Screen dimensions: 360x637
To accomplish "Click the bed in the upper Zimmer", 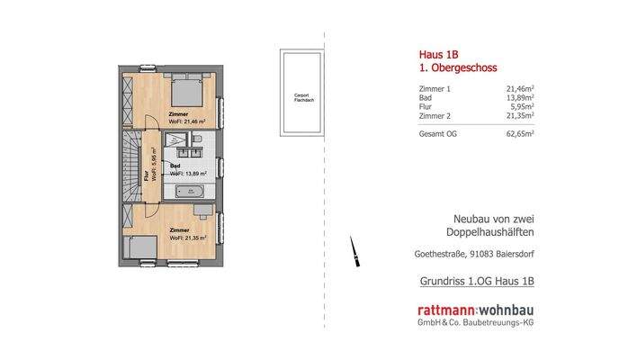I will pyautogui.click(x=187, y=88).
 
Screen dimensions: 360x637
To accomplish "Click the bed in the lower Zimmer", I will pyautogui.click(x=142, y=251).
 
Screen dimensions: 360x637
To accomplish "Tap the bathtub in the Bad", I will pyautogui.click(x=192, y=191).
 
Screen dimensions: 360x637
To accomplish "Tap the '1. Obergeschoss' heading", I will pyautogui.click(x=458, y=67).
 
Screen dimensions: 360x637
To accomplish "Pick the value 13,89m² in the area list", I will pyautogui.click(x=520, y=98).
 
